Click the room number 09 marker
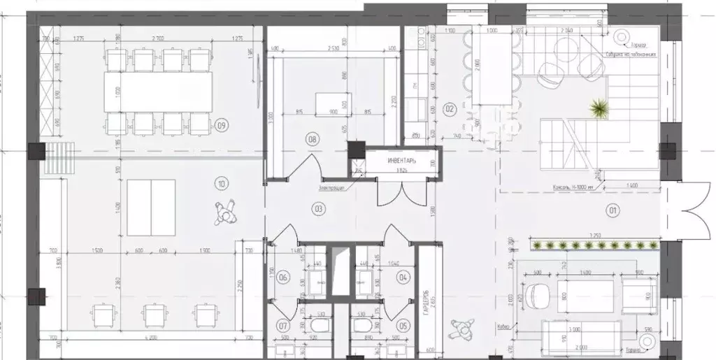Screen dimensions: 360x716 click(x=222, y=127)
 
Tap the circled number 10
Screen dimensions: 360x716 click(x=222, y=185)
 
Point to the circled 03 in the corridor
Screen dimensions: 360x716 click(x=317, y=208)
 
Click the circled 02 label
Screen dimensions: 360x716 click(x=450, y=109)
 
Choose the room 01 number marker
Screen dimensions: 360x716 click(x=613, y=208)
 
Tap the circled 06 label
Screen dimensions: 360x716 click(x=284, y=278)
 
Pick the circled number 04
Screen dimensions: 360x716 click(x=403, y=278)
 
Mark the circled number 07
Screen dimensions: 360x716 click(x=284, y=326)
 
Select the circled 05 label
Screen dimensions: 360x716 click(x=403, y=326)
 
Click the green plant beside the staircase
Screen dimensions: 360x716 click(x=599, y=108)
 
